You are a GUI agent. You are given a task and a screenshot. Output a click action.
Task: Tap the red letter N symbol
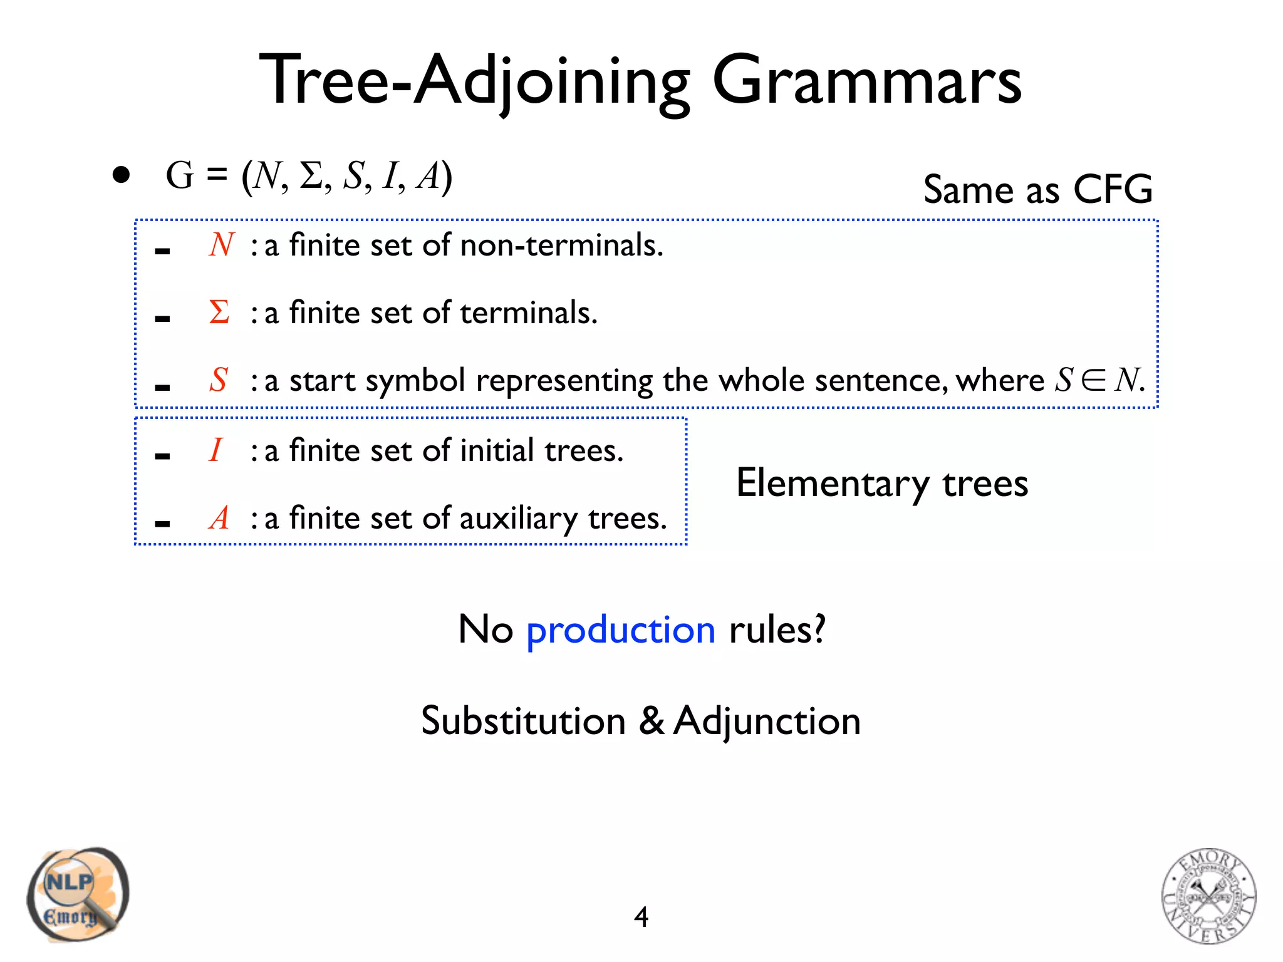221,245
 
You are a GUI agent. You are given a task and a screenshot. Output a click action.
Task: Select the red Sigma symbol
219,312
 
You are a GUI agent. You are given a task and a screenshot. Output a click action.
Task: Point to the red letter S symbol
218,380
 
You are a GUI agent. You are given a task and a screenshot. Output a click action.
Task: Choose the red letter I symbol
216,450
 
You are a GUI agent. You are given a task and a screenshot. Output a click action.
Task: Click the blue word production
620,630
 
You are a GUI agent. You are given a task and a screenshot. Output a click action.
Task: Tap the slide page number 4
641,917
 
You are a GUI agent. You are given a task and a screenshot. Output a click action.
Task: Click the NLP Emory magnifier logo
78,894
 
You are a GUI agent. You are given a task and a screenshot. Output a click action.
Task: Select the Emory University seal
1208,896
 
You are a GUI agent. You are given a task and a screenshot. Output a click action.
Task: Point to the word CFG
1113,189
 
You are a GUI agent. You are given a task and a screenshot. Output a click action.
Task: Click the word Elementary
833,484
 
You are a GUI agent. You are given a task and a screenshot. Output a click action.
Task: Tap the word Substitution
523,721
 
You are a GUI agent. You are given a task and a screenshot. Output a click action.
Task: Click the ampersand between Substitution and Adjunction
652,721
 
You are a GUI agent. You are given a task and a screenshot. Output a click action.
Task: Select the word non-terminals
561,245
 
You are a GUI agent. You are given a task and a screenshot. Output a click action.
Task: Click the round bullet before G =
121,175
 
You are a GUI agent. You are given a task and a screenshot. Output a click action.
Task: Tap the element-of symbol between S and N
1093,380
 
